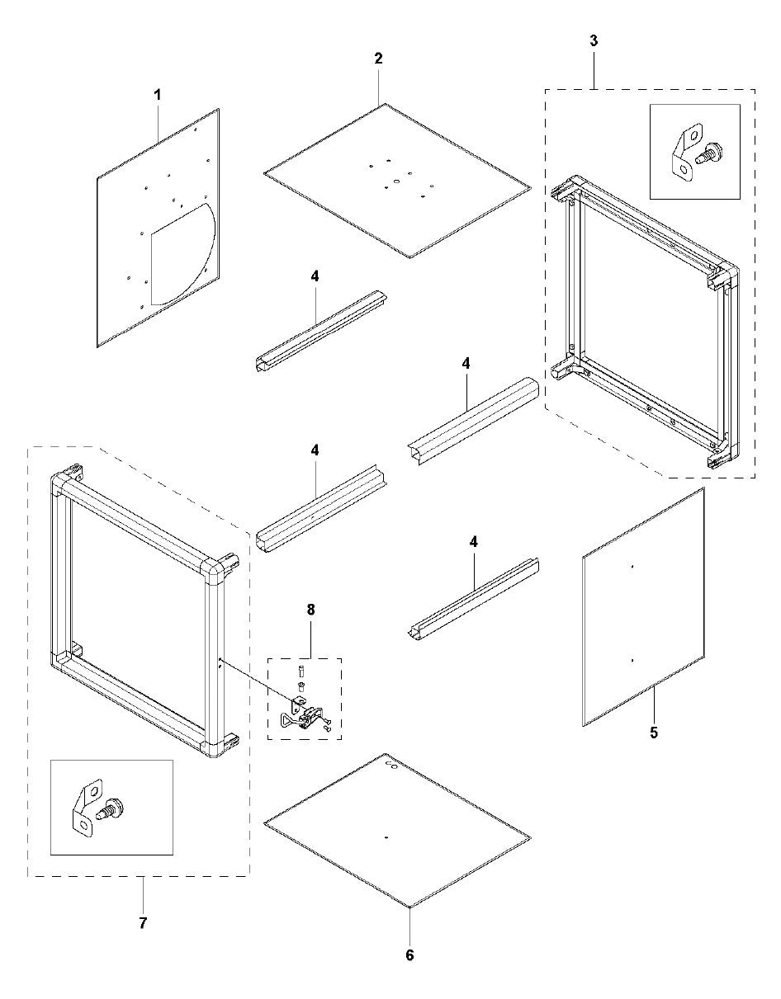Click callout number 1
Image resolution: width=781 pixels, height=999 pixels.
coord(157,95)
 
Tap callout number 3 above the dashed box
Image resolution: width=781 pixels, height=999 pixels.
coord(594,40)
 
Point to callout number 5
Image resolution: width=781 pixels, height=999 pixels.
coord(654,732)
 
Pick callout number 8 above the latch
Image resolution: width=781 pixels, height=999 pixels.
coord(310,610)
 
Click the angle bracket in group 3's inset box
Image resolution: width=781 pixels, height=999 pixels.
coord(682,148)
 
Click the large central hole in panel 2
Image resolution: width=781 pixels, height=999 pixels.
coord(396,179)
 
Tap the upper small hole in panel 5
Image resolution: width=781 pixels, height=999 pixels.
coord(631,567)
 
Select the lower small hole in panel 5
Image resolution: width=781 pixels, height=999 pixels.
coord(631,660)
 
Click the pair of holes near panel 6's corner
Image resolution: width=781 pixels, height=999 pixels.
coord(393,767)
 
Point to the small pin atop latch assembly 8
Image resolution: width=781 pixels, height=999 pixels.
coord(301,669)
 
